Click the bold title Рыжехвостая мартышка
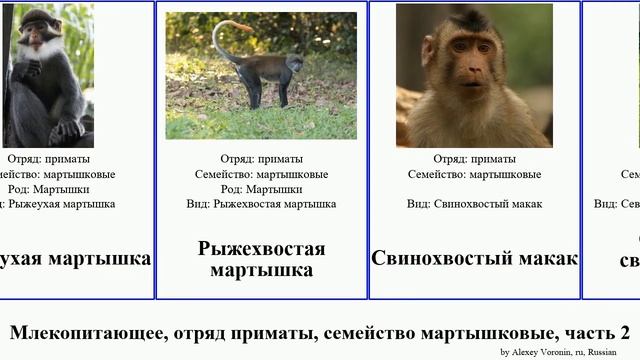(261, 259)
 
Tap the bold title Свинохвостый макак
(474, 258)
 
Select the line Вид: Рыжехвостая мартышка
(261, 204)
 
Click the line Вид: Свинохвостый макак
(474, 204)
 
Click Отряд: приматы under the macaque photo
(474, 159)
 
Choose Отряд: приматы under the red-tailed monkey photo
(261, 159)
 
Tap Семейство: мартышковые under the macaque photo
(474, 174)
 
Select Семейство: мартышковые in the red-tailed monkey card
(261, 174)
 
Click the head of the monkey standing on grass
(294, 63)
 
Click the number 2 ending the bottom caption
(624, 333)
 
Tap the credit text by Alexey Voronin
(558, 352)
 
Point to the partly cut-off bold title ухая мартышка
(76, 258)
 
